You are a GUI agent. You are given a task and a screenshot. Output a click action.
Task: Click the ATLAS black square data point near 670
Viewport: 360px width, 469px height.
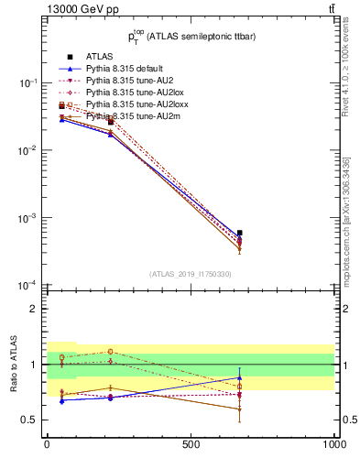tap(239, 233)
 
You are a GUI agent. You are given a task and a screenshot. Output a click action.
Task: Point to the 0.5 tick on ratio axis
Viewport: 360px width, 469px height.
tap(30, 420)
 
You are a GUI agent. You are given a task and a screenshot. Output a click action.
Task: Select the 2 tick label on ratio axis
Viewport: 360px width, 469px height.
tap(35, 310)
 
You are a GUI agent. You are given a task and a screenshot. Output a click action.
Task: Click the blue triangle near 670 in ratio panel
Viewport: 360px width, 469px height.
tap(239, 377)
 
